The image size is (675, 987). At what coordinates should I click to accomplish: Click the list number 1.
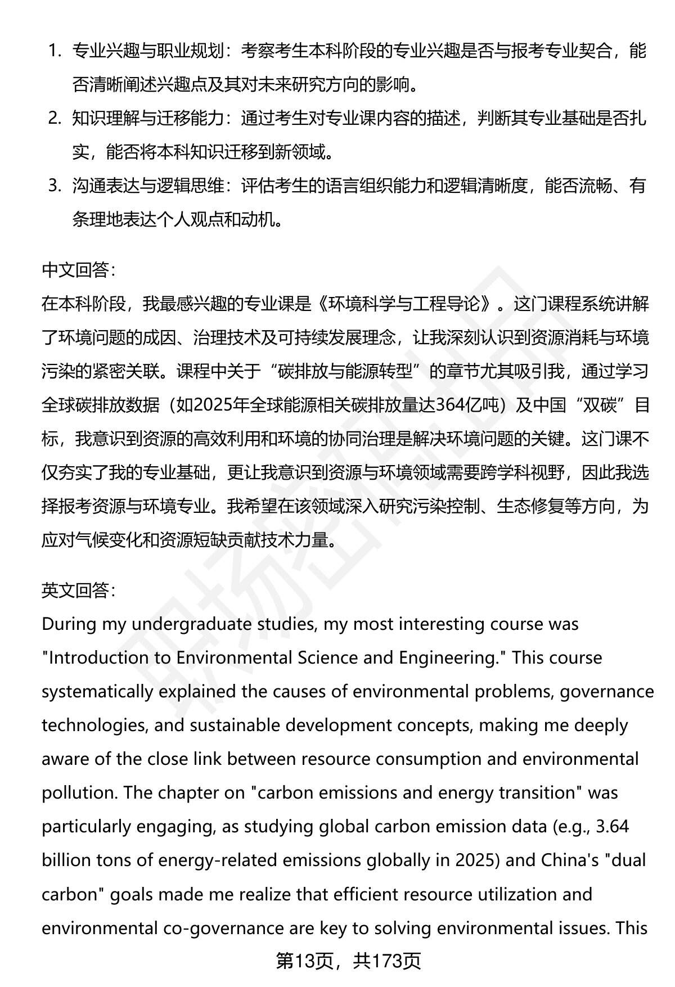(54, 51)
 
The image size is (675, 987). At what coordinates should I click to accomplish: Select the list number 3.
(54, 185)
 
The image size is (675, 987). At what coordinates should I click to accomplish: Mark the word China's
(569, 860)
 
